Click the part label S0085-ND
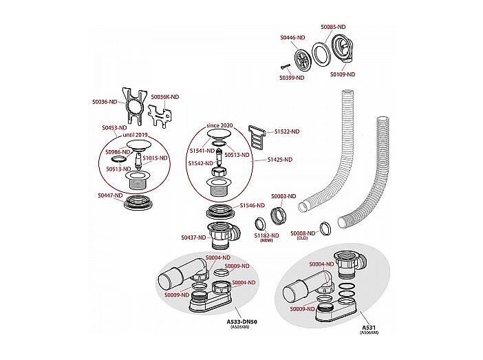(333, 27)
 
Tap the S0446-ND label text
(292, 38)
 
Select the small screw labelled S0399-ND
(286, 67)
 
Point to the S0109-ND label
(343, 74)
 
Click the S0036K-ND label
(165, 97)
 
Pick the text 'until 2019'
(136, 135)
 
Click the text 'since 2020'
(220, 125)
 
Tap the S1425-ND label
(280, 160)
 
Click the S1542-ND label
(201, 163)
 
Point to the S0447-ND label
(110, 195)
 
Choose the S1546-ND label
(253, 205)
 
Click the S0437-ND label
(193, 237)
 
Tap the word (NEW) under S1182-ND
(266, 240)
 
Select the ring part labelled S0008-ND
(325, 229)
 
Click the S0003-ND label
(283, 196)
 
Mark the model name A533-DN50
(241, 322)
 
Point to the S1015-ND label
(155, 158)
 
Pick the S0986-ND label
(118, 152)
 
